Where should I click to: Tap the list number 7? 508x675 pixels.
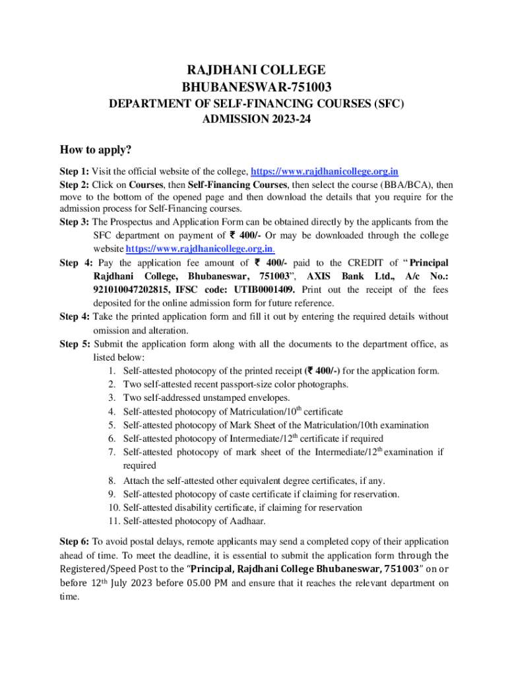tap(113, 452)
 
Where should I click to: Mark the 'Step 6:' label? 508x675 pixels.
tap(74, 541)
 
